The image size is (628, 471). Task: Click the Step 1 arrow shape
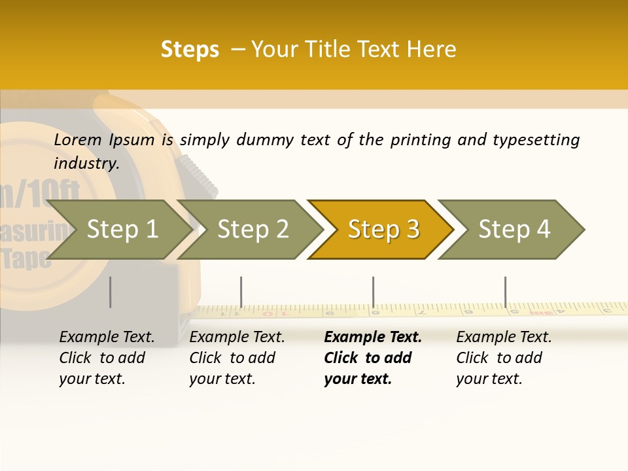pos(122,229)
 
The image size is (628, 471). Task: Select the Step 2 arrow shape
pos(253,229)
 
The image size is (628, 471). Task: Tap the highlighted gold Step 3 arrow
pos(383,229)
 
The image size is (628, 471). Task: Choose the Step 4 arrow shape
pos(514,229)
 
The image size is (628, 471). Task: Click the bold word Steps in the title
pos(190,50)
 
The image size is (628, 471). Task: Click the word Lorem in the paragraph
pos(78,139)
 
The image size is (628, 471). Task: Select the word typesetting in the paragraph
pos(536,139)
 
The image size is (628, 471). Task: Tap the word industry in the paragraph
pos(86,163)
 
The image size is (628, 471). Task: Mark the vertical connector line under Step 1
pos(110,292)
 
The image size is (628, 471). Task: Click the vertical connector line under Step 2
pos(241,292)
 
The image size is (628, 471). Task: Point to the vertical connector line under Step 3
pos(373,292)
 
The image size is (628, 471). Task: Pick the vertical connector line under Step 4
pos(505,292)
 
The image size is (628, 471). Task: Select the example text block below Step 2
pos(236,358)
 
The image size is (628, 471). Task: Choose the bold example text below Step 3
pos(372,358)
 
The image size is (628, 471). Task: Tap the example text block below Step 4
pos(503,358)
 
